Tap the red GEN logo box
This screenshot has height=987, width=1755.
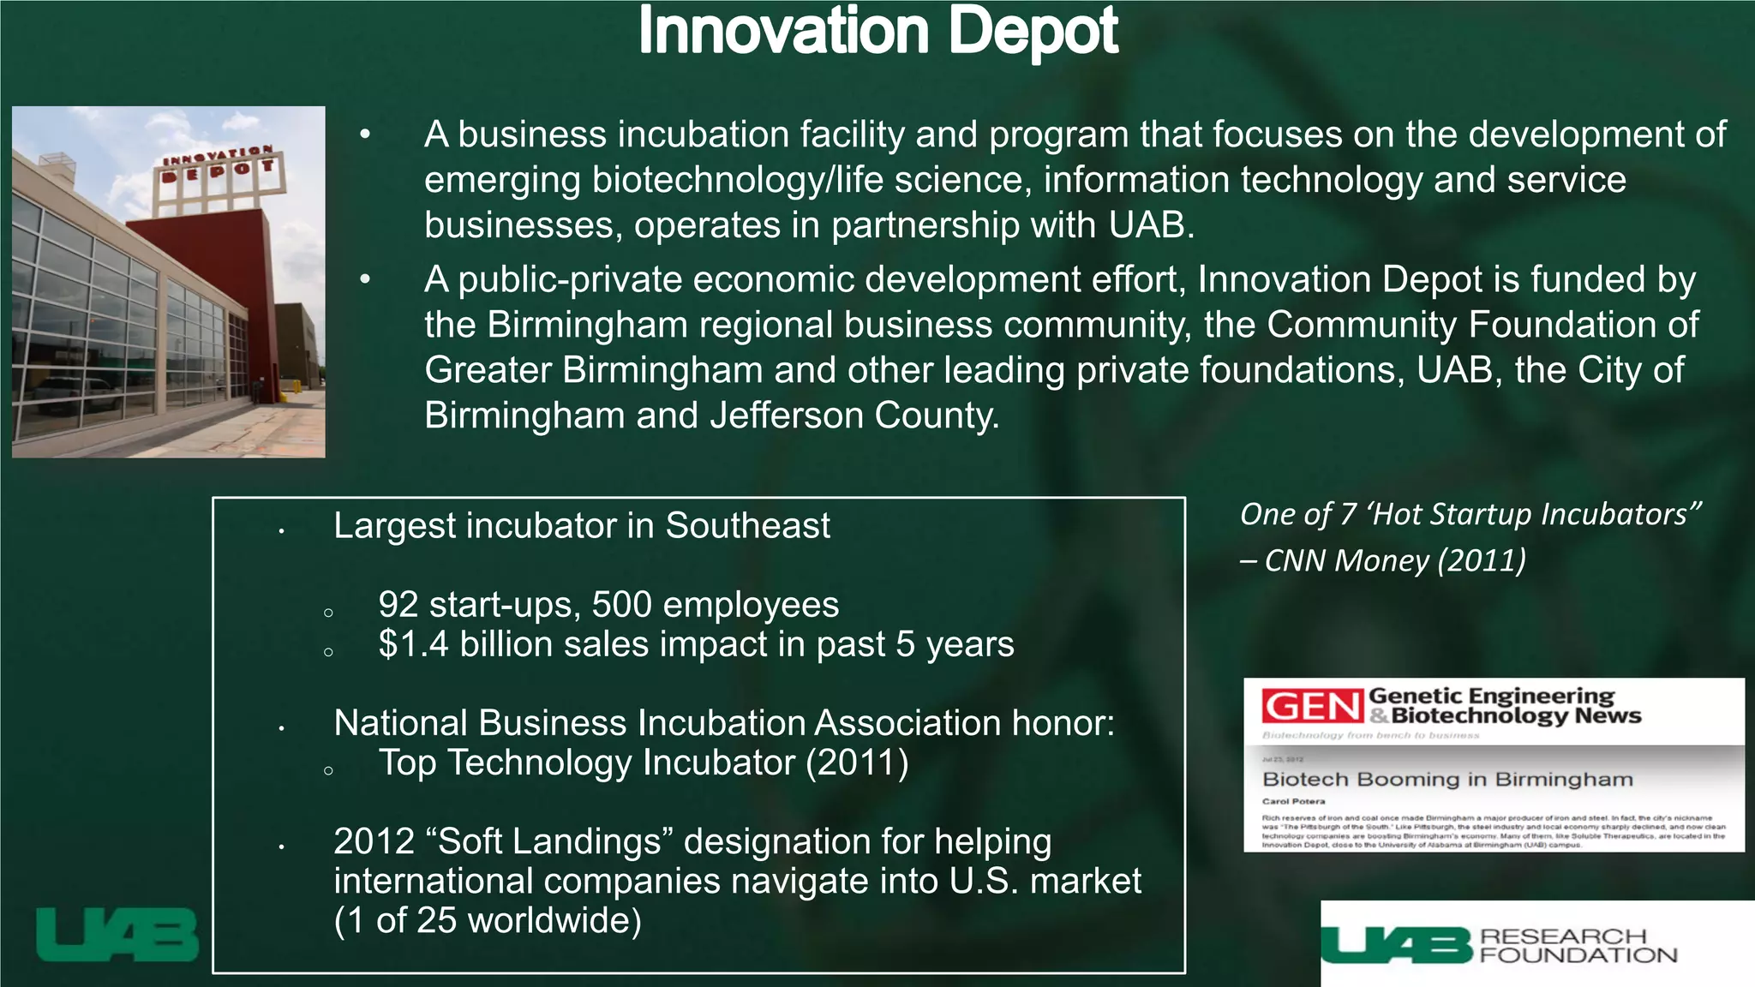[1312, 707]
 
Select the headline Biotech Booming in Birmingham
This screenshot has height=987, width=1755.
[1447, 780]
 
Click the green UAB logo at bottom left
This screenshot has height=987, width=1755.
[117, 935]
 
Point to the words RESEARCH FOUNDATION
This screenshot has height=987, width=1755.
[1577, 946]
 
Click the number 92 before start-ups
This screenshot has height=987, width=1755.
[398, 605]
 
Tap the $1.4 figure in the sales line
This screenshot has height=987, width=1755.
[413, 644]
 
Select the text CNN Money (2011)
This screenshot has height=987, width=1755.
[1395, 560]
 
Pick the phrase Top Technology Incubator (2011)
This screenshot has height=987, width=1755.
[644, 763]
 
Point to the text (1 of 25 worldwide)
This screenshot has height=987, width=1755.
[488, 920]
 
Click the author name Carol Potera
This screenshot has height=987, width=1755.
[1293, 802]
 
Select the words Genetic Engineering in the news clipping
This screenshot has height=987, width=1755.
[1491, 696]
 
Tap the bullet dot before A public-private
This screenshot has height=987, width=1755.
[366, 279]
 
